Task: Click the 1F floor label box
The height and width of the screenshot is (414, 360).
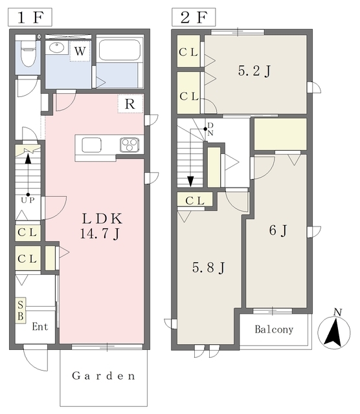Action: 30,17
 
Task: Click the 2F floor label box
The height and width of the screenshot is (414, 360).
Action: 194,17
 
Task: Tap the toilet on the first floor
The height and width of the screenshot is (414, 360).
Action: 28,53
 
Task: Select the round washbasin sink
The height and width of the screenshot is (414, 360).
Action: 57,47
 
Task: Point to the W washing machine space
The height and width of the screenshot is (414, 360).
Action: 80,51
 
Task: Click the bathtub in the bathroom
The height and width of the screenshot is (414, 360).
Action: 119,50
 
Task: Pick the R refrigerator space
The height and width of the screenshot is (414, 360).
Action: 130,103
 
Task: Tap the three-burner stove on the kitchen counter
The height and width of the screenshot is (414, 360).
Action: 129,144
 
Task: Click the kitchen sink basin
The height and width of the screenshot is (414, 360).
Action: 91,145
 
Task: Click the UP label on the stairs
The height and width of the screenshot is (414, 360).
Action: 28,201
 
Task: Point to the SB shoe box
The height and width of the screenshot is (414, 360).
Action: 21,310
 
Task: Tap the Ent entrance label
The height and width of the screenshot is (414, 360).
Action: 40,327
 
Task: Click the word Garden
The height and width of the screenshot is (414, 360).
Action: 104,376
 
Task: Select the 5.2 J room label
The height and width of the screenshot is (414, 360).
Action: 254,71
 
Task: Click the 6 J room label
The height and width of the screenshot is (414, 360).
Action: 278,230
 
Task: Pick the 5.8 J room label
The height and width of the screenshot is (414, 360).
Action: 208,268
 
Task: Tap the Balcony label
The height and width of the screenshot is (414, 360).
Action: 274,329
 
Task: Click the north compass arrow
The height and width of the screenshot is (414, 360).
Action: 334,332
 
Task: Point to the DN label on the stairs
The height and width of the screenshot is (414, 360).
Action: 210,129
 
